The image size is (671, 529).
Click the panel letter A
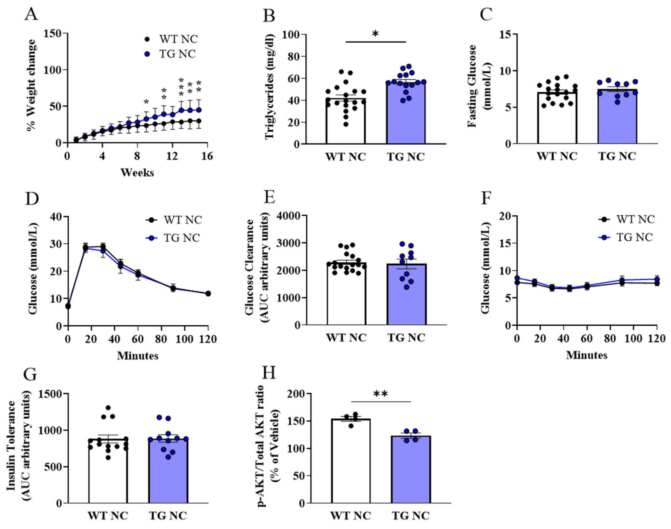coord(31,14)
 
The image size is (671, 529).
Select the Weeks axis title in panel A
coord(137,173)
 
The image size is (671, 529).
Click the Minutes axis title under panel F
coord(587,355)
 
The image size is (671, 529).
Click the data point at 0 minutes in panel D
coord(68,306)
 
